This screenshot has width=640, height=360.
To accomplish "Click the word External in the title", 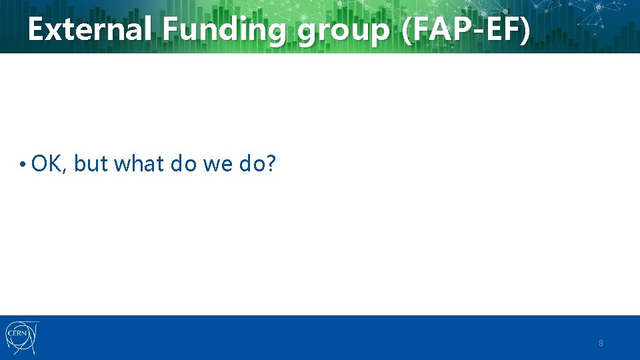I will pyautogui.click(x=90, y=30).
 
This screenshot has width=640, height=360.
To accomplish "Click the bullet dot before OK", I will pyautogui.click(x=23, y=163).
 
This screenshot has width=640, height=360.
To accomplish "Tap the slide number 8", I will pyautogui.click(x=601, y=343).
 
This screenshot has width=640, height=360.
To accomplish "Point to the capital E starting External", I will pyautogui.click(x=36, y=30).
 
